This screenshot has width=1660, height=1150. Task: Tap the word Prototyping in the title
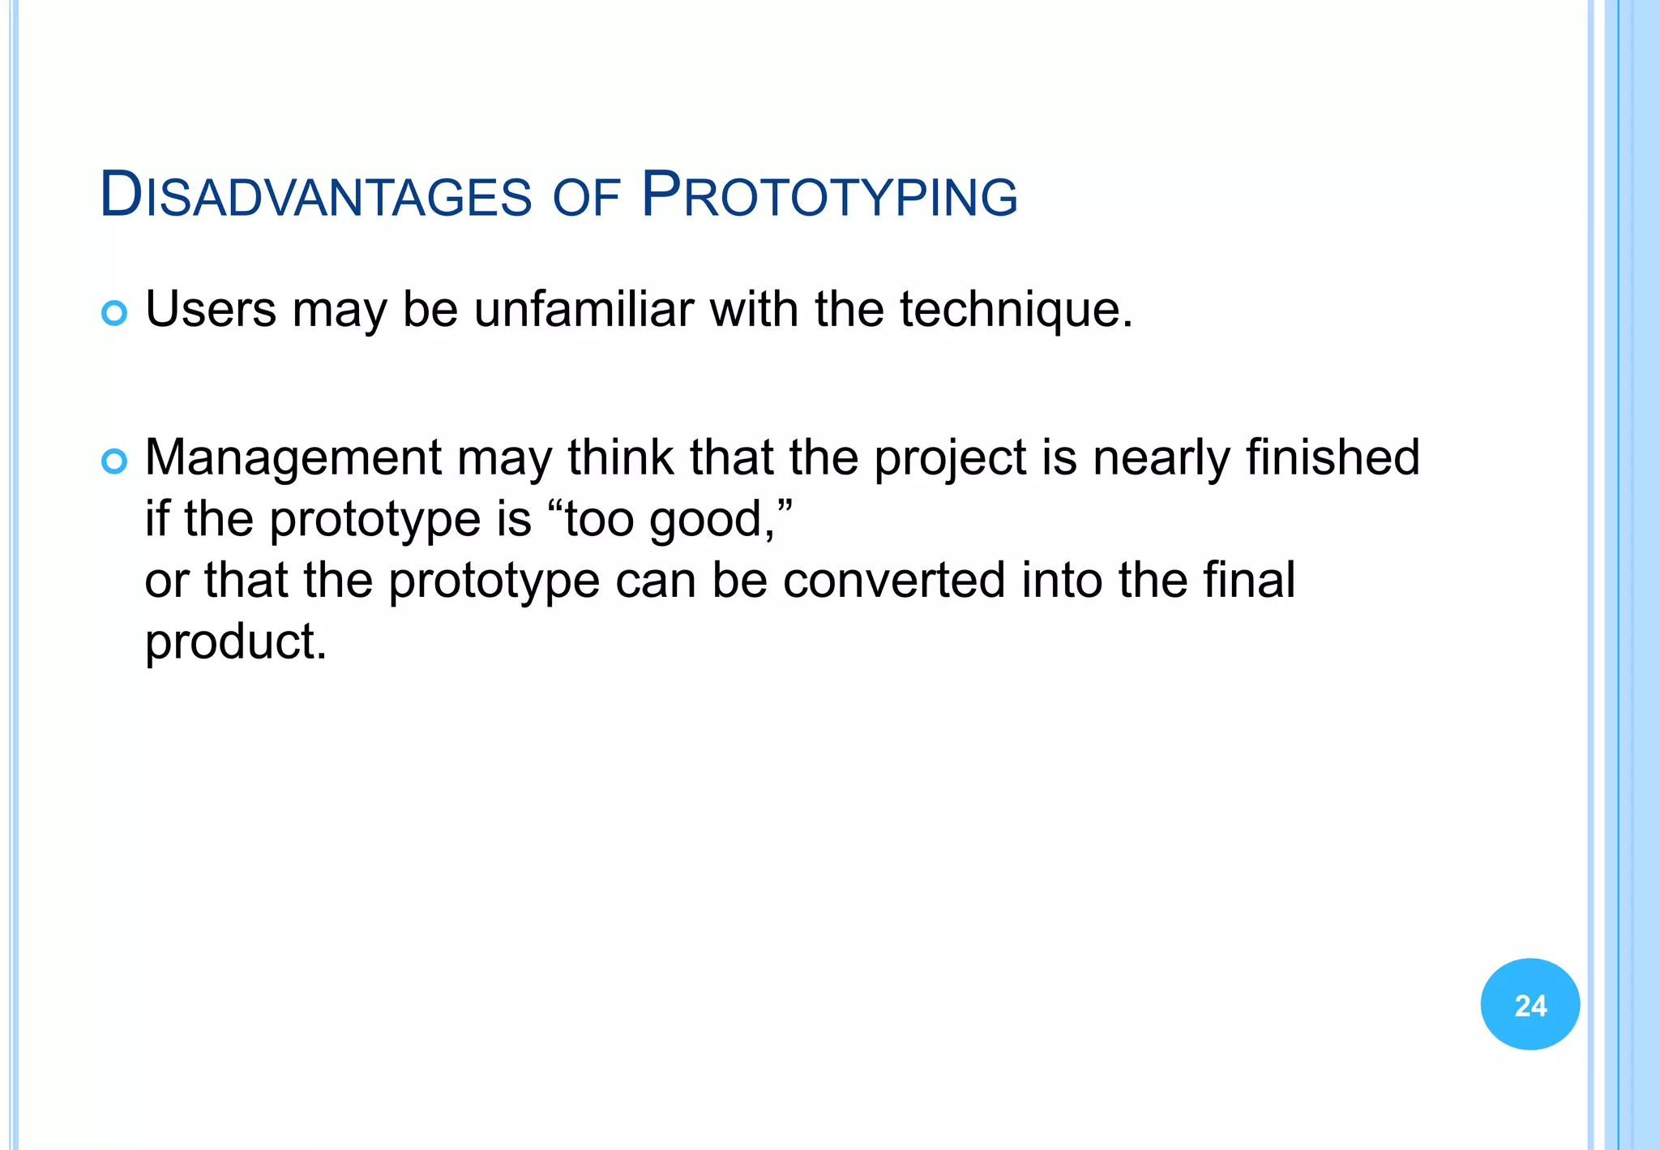tap(828, 195)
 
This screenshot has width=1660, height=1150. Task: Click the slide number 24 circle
tap(1530, 1004)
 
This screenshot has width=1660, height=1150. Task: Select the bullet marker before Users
tap(114, 313)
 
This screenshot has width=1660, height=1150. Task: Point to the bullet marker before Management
tap(114, 461)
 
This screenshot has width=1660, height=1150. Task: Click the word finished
tap(1333, 457)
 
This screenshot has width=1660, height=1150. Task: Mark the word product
tap(235, 642)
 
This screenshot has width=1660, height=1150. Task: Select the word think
tap(620, 457)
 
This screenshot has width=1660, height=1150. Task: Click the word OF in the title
tap(586, 197)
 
